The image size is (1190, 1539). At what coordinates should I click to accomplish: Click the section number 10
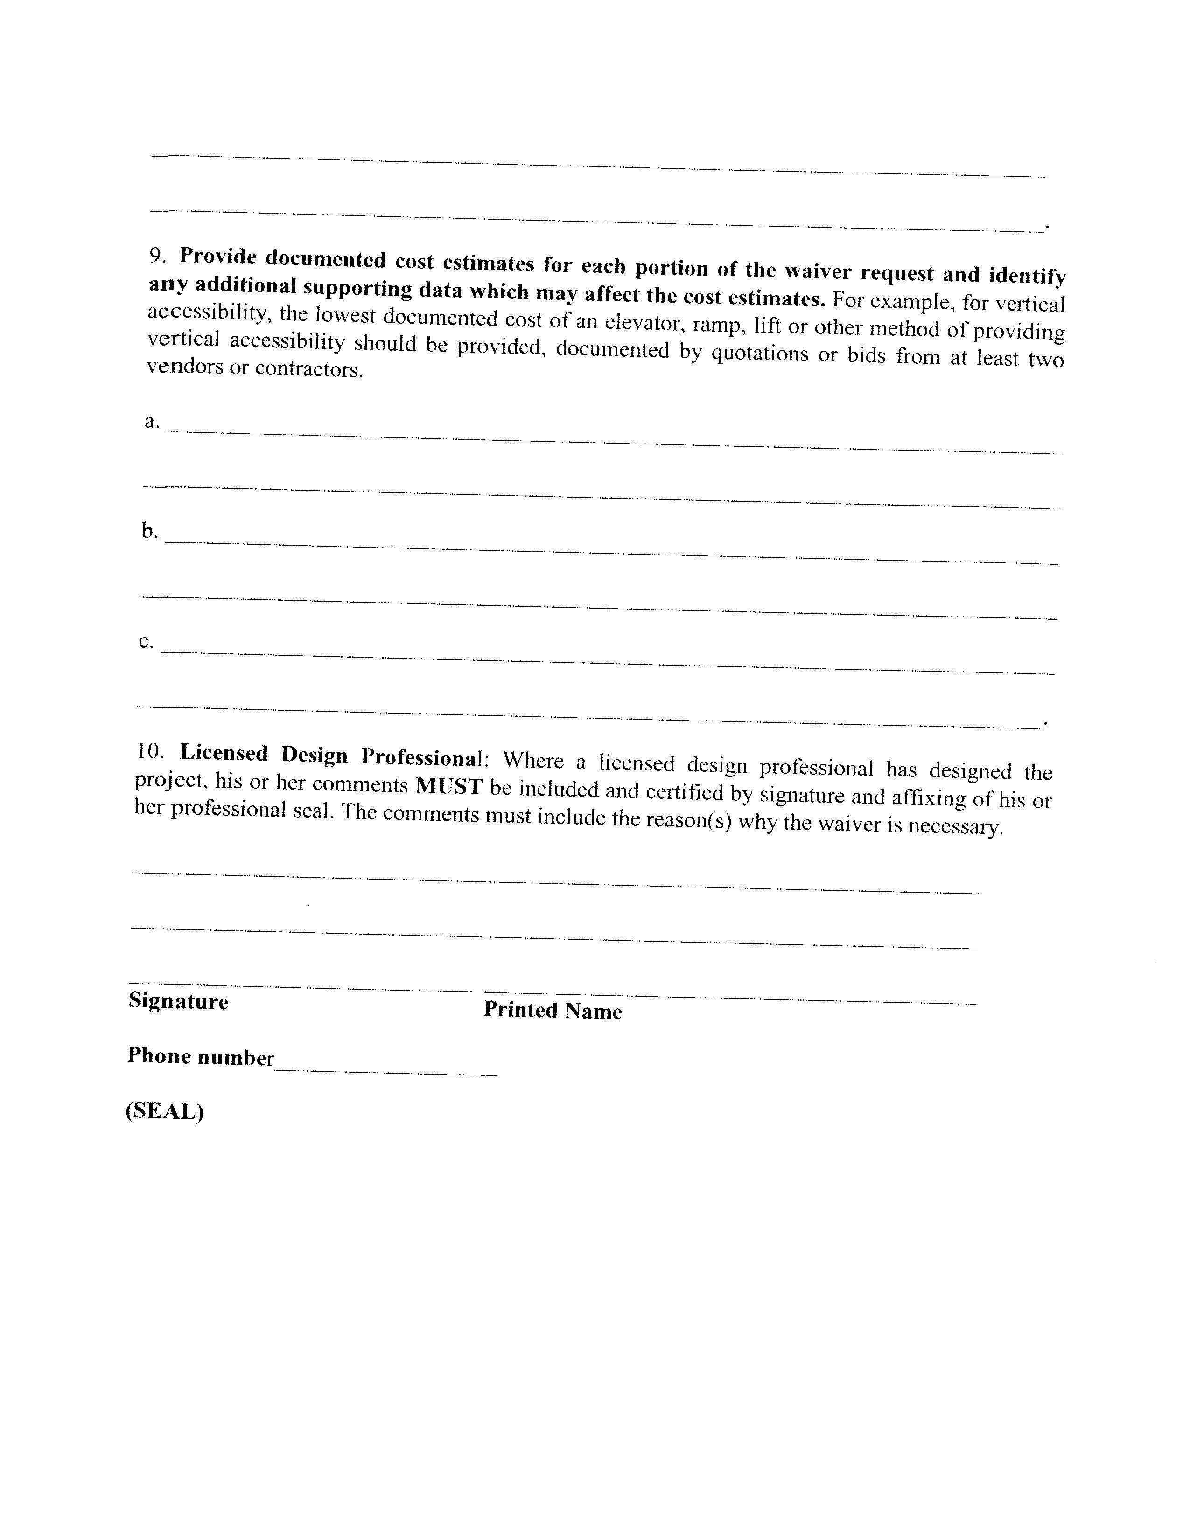click(150, 751)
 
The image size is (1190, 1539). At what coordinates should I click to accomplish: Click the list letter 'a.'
click(152, 422)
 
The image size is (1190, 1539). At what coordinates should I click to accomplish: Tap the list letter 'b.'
click(149, 531)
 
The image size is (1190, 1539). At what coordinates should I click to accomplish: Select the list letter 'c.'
click(146, 641)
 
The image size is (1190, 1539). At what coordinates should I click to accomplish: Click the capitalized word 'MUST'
click(448, 786)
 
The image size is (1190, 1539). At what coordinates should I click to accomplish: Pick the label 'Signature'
click(178, 1001)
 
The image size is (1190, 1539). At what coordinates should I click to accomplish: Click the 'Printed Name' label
click(553, 1011)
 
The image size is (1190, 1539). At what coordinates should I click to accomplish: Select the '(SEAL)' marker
click(165, 1111)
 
